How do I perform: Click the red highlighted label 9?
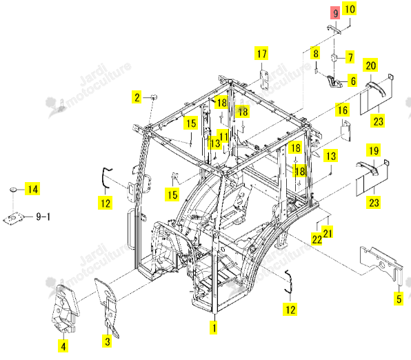coord(335,13)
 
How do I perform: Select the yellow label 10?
coord(350,9)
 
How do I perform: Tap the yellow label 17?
coord(261,54)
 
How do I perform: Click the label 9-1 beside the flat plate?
coord(43,217)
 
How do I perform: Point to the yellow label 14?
coord(32,189)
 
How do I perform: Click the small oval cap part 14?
coord(13,189)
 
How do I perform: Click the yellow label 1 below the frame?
coord(214,328)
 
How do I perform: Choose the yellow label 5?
coord(399,299)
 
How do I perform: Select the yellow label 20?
coord(370,65)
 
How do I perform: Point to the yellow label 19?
coord(374,150)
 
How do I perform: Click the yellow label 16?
coord(342,110)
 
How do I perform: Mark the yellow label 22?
coord(317,239)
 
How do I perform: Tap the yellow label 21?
coord(328,232)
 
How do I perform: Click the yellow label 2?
coord(137,97)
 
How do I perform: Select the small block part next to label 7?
coord(334,57)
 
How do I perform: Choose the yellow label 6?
coord(353,81)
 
